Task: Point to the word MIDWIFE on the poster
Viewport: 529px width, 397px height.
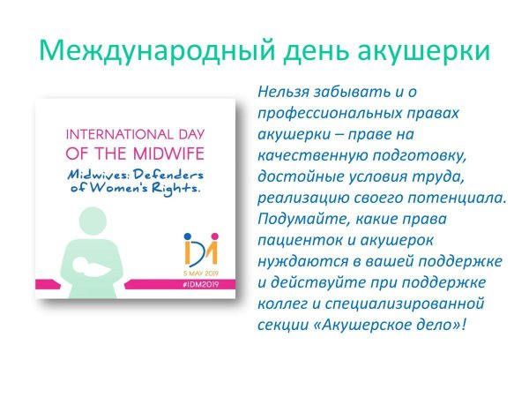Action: pyautogui.click(x=168, y=154)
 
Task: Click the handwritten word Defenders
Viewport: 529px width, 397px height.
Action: pyautogui.click(x=168, y=175)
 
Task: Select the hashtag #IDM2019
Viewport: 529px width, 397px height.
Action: pyautogui.click(x=200, y=284)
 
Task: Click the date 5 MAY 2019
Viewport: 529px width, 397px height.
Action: pyautogui.click(x=201, y=273)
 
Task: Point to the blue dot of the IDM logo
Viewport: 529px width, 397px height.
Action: pyautogui.click(x=188, y=236)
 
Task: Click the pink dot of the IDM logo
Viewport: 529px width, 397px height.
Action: pyautogui.click(x=214, y=236)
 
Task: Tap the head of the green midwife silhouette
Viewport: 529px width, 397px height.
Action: pyautogui.click(x=93, y=221)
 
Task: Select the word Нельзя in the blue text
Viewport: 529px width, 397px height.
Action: pyautogui.click(x=283, y=92)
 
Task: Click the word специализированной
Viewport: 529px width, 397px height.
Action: pyautogui.click(x=405, y=304)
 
